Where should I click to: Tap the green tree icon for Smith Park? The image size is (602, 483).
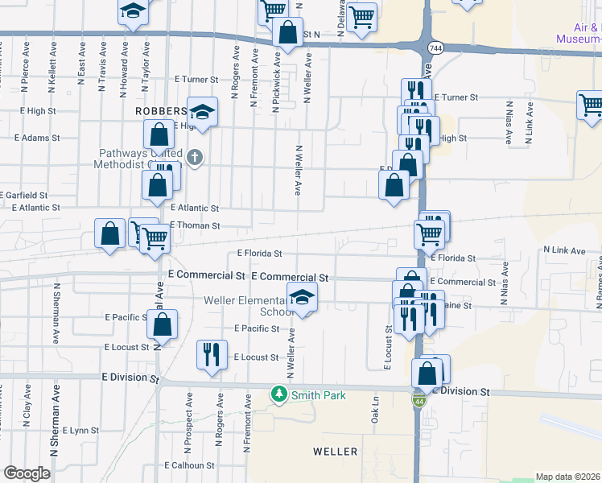(278, 394)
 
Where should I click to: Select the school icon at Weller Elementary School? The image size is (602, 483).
(303, 299)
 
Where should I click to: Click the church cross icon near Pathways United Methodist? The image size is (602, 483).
(195, 158)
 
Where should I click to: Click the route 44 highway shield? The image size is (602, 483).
(419, 400)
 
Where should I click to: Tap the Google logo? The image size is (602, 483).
(26, 473)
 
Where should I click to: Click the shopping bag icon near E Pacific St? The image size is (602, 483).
(163, 325)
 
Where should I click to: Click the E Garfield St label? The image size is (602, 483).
(24, 196)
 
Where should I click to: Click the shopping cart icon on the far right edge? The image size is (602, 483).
(591, 105)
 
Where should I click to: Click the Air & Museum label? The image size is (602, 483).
(579, 32)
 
